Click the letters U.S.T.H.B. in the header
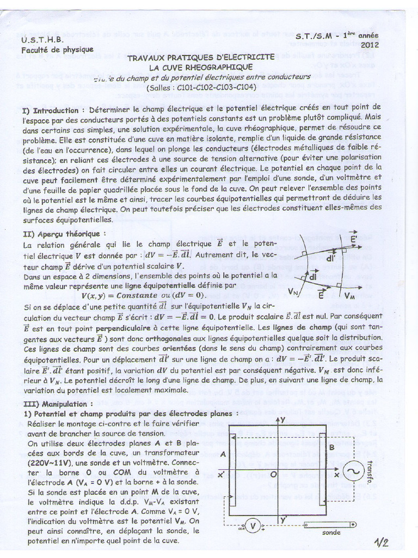42,40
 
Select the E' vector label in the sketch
353,240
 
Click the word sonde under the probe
331,532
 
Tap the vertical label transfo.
377,470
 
